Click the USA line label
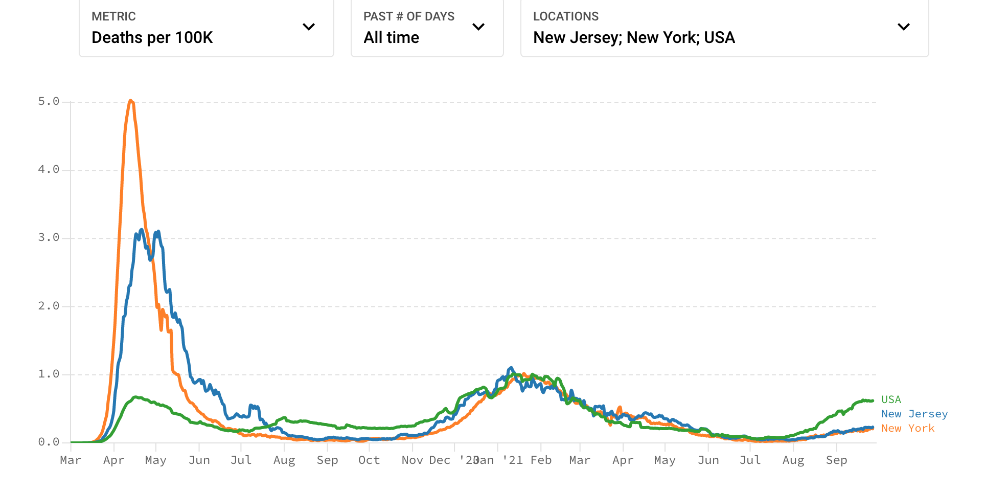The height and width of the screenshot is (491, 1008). pos(891,399)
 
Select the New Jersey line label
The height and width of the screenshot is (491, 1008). pos(914,414)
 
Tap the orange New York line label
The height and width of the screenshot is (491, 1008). pos(907,428)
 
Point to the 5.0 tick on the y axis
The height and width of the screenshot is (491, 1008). pos(49,101)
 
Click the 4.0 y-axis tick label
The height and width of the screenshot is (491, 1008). pos(49,169)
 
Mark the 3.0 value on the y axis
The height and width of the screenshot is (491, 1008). pos(49,237)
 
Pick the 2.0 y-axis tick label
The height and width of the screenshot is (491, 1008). pos(49,306)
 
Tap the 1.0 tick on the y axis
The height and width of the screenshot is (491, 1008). pos(49,374)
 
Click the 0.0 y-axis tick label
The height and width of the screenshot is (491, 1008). pos(49,442)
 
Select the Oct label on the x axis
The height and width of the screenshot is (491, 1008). pos(369,460)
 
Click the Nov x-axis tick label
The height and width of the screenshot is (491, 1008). pos(412,460)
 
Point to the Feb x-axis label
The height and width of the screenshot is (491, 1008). pos(541,460)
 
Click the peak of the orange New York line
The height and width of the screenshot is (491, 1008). pos(131,101)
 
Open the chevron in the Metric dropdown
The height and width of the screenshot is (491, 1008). pos(309,27)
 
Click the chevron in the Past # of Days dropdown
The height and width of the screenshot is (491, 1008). pos(478,27)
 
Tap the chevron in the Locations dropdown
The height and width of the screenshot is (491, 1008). pos(904,27)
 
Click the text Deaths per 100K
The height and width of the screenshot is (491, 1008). pos(152,38)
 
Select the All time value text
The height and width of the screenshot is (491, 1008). pos(391,38)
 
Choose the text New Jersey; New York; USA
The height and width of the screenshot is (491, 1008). pos(634,38)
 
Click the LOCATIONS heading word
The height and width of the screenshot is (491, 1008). pos(565,16)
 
